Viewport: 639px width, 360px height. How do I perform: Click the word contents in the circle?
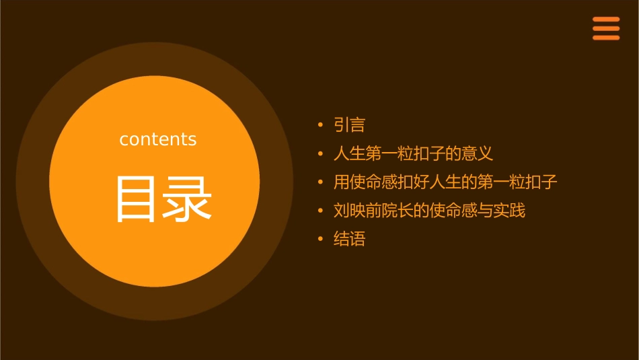click(x=158, y=139)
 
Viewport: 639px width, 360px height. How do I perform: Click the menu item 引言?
click(x=349, y=125)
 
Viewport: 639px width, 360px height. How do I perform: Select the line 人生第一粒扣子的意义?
click(x=413, y=153)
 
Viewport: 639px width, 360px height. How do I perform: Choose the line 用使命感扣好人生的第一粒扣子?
click(x=445, y=182)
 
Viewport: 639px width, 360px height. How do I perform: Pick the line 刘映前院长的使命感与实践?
click(x=429, y=211)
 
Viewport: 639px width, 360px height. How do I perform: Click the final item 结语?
click(x=349, y=239)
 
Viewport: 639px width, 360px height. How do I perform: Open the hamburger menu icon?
click(x=606, y=28)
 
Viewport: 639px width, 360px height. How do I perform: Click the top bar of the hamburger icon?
click(x=606, y=20)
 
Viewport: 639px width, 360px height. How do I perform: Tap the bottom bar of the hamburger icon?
click(x=606, y=38)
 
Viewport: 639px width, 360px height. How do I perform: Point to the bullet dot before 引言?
click(x=321, y=125)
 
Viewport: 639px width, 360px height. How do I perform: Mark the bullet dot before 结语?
click(x=321, y=239)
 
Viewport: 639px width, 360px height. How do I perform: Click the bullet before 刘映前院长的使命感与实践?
click(x=321, y=211)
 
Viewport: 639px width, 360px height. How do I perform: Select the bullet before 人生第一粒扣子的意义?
click(x=321, y=153)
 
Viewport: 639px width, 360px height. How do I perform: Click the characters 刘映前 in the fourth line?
click(x=357, y=211)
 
